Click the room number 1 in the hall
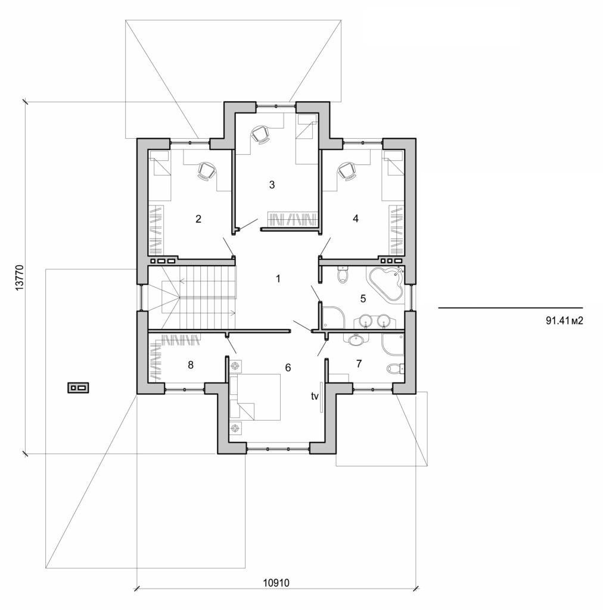click(277, 278)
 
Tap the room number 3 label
click(272, 185)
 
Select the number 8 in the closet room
click(190, 365)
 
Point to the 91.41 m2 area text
click(563, 320)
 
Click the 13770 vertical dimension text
click(20, 278)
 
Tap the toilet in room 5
click(342, 275)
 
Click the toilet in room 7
click(394, 368)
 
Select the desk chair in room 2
click(206, 171)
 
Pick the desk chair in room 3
click(260, 135)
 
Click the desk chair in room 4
click(347, 171)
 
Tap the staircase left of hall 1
click(197, 296)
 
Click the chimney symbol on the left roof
click(79, 388)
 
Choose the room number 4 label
click(356, 219)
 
